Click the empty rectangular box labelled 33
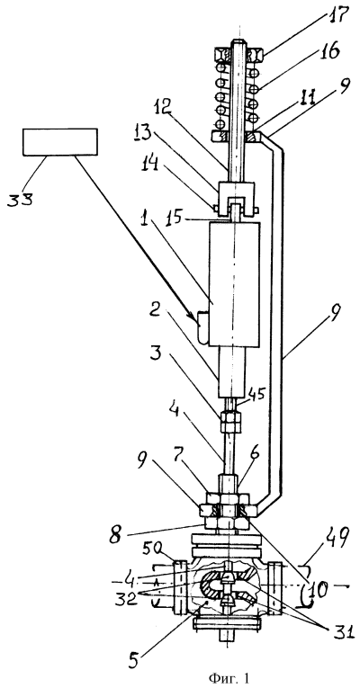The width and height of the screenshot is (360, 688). [x=60, y=142]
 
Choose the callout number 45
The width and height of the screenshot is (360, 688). [x=257, y=394]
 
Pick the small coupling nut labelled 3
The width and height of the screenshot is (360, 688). [x=230, y=422]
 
